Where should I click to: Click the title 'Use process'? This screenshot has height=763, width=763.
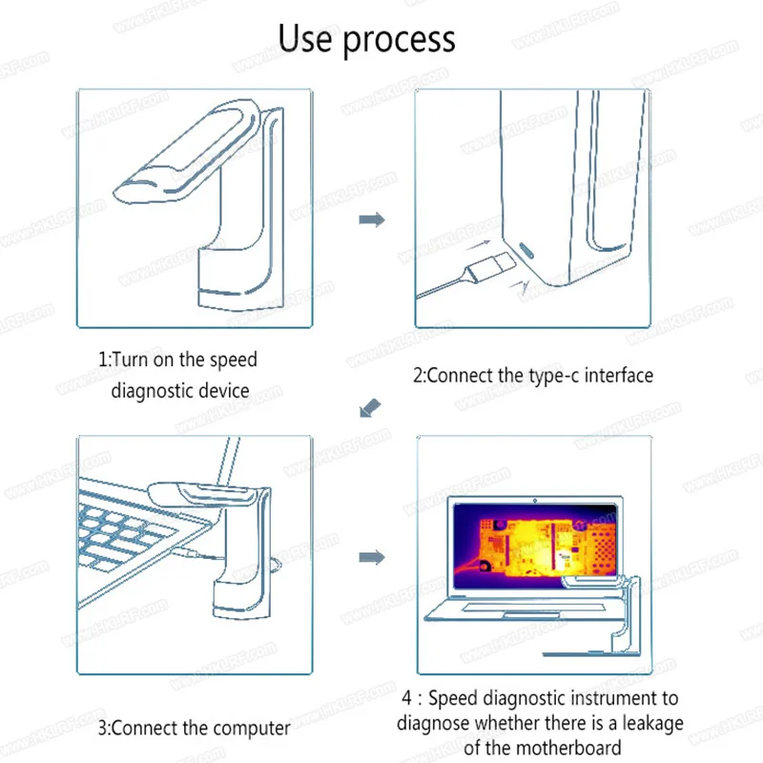tap(366, 39)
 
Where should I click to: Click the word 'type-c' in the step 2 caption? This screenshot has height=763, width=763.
tap(555, 375)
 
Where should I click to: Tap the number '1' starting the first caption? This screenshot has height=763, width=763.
tap(103, 361)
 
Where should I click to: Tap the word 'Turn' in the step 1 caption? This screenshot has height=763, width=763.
tap(134, 361)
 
